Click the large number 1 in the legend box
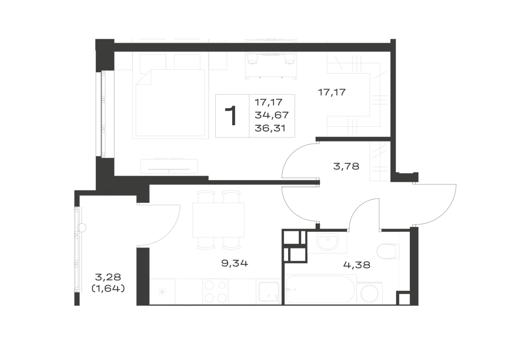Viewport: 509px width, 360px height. (x=231, y=116)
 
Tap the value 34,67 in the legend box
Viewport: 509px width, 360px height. (x=272, y=115)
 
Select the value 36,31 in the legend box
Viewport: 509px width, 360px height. (x=270, y=128)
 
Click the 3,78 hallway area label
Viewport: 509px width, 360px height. (x=346, y=167)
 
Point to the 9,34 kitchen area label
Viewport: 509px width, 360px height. (x=234, y=263)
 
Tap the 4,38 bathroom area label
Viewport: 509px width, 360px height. (x=357, y=265)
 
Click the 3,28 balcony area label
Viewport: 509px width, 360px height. (x=108, y=277)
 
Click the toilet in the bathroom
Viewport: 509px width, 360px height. (x=387, y=252)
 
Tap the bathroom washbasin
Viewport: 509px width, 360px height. (x=327, y=241)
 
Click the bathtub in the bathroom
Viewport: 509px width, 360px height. (x=320, y=290)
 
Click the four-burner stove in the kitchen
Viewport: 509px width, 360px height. (x=215, y=291)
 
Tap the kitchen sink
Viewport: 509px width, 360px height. (x=269, y=292)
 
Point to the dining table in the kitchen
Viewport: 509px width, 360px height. (x=218, y=220)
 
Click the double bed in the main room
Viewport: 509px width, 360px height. (x=171, y=103)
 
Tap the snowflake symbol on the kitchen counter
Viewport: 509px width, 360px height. (x=162, y=292)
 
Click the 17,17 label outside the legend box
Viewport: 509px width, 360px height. (x=332, y=93)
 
